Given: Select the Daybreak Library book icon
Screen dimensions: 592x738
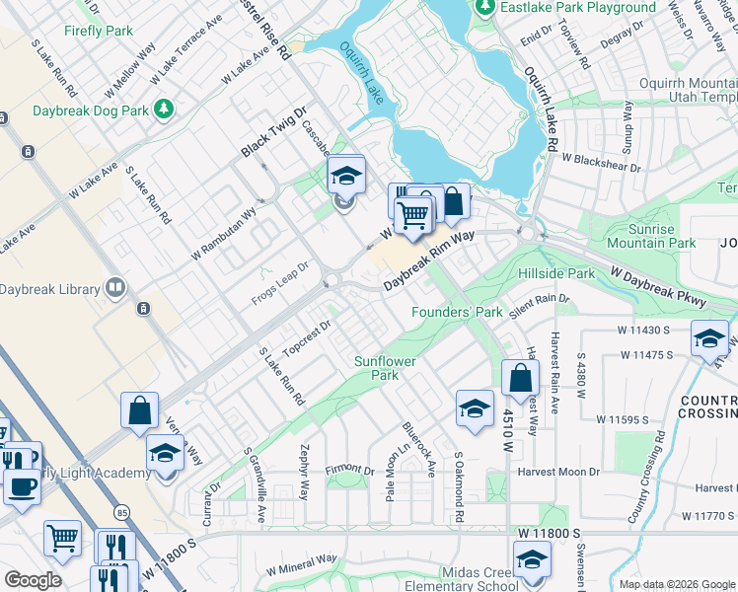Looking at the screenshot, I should (115, 289).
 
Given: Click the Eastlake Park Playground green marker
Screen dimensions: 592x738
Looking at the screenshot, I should (484, 8).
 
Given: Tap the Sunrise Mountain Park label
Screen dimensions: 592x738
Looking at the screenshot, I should (651, 235).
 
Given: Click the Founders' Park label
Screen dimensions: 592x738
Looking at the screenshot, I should (457, 313).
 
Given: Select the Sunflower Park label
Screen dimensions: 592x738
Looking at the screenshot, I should (385, 368).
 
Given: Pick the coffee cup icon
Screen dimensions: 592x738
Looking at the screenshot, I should (21, 484).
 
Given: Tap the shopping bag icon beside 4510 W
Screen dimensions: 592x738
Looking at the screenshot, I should (520, 378).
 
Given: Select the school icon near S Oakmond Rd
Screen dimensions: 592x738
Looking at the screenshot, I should (475, 408).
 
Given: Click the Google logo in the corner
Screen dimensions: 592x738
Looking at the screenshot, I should (33, 580).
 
